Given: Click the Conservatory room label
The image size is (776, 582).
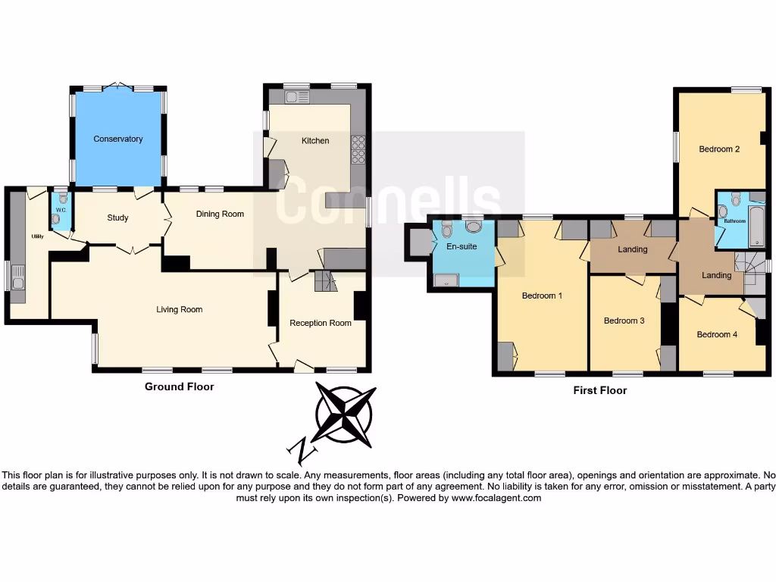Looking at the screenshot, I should point(117,139).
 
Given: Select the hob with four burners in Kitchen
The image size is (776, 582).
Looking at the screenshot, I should point(358,150).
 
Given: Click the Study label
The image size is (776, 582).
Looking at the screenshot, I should point(117,218).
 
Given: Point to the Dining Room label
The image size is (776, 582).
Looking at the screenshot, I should point(220,214).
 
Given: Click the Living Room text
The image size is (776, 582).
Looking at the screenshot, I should point(179,309).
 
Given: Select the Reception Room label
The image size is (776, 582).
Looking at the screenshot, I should point(321,323).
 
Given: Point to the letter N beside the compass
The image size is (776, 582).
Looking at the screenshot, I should point(302,452).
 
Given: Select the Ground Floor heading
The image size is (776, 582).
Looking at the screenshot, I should point(179,386).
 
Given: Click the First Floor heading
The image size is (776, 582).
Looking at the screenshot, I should point(599,391).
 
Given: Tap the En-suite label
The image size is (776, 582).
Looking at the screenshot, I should point(461,246).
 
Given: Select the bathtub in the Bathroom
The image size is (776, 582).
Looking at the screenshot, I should point(757,224).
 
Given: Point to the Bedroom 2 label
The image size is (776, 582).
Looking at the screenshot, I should point(718,149).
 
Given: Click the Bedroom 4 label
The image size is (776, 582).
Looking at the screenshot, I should point(717,334).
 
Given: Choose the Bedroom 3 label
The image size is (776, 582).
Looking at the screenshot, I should point(624,321).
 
